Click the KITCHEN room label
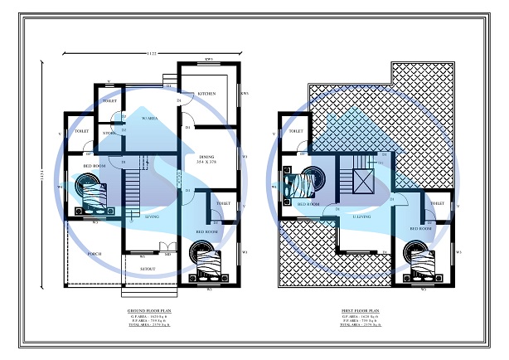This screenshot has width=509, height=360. [207, 94]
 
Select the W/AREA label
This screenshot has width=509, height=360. [149, 119]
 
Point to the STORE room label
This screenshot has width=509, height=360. [109, 132]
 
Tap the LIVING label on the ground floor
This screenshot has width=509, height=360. [152, 216]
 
